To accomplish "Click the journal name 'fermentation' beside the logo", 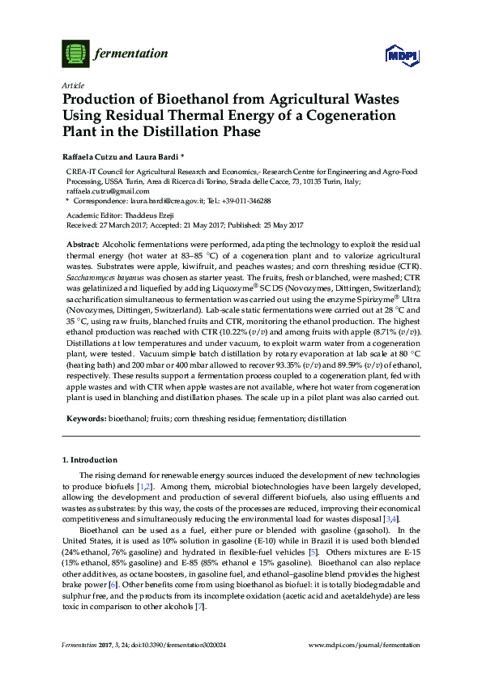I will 132,54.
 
